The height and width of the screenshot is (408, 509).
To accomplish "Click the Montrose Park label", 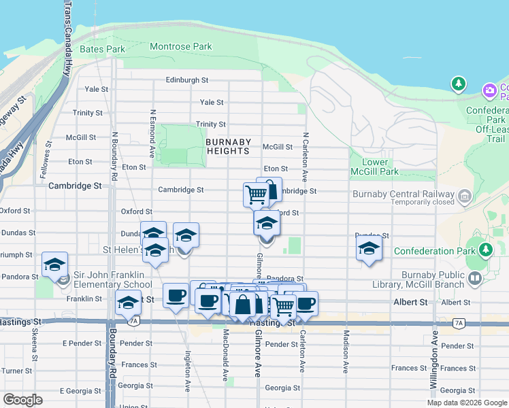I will pos(180,47).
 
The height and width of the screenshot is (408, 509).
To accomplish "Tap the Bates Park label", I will pos(102,50).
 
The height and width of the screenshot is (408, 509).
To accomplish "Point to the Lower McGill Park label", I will pos(376,167).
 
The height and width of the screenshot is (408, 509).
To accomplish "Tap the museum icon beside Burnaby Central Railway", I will pos(465,197).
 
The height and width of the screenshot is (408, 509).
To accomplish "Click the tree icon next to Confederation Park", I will pos(485,250).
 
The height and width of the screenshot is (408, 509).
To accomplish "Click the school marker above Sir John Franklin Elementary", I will pos(54,265).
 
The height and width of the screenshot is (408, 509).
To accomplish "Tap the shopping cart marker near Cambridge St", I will pos(256,194).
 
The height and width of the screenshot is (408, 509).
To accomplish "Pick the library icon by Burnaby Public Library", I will pos(475,277).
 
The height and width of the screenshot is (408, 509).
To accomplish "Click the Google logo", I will pos(22,400).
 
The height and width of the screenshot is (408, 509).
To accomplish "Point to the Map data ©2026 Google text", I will pos(467,403).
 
